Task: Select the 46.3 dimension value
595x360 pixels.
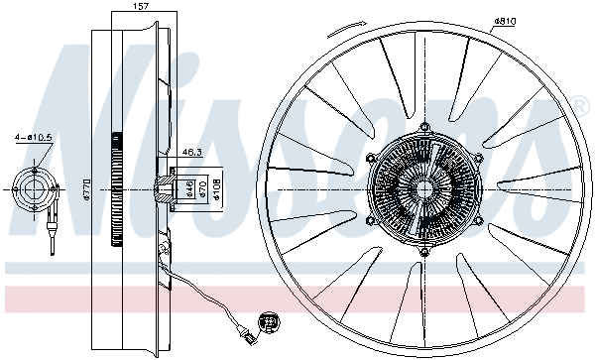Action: coord(192,153)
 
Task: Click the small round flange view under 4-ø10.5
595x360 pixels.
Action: coord(36,188)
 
